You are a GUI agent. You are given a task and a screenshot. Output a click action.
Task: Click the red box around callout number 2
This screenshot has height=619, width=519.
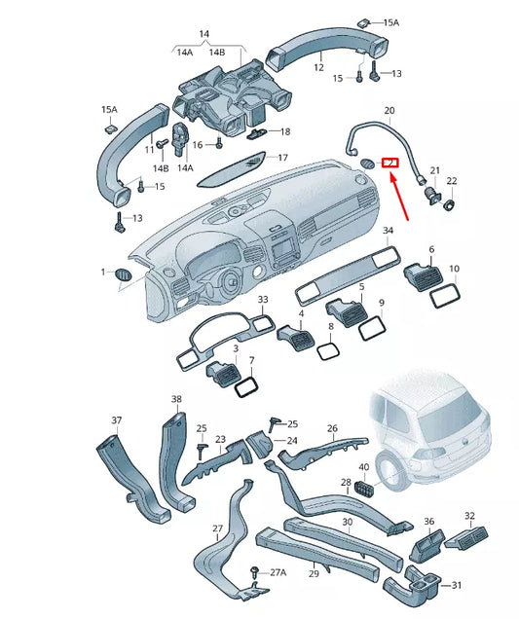click(390, 163)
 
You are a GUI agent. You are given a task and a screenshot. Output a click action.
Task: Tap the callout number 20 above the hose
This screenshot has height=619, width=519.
click(389, 111)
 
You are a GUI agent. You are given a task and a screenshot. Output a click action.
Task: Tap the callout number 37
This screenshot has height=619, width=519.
click(116, 420)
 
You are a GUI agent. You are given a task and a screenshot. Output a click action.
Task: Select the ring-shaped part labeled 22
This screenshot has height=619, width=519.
click(450, 204)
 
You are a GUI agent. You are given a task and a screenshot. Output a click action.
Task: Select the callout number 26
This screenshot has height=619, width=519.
click(332, 429)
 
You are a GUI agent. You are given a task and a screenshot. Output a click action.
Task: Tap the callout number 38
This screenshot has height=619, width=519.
click(176, 400)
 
